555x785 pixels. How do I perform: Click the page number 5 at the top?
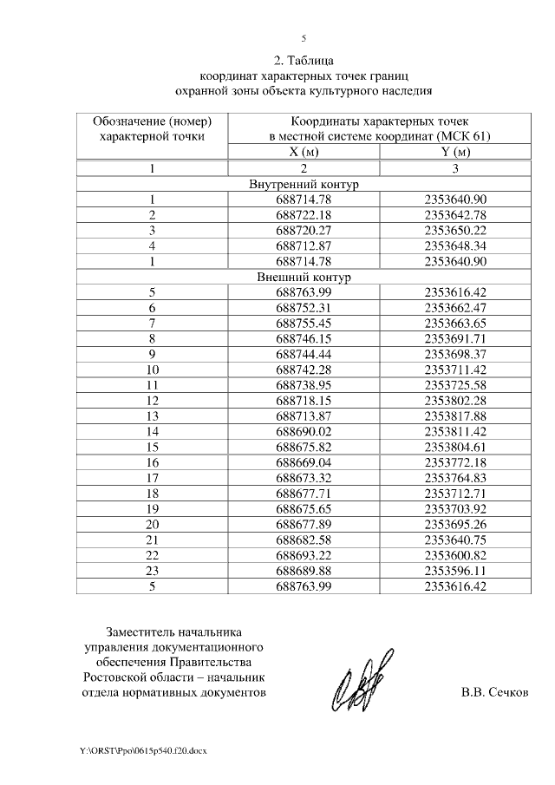304,38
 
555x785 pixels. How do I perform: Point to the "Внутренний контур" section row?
304,185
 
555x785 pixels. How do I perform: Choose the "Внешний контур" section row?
304,277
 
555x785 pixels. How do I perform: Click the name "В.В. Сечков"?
493,693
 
